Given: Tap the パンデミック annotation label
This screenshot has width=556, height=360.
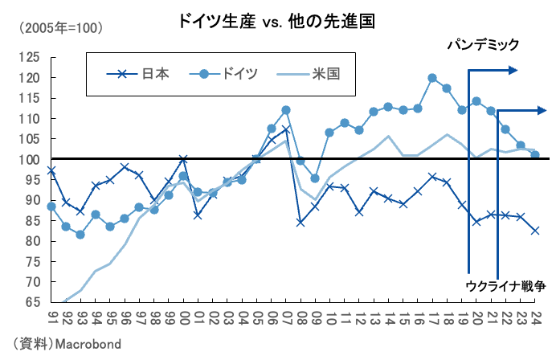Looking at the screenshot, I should pos(484,45).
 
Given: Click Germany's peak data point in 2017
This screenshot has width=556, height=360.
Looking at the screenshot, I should pos(432,78).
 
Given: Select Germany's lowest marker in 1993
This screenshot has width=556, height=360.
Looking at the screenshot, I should pos(81,235).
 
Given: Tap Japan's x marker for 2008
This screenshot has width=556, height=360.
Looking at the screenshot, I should pos(300,222).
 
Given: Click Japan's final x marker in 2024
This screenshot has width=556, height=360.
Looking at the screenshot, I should pos(535,231).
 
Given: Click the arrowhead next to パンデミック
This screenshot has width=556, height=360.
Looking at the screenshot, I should pos(514,71).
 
